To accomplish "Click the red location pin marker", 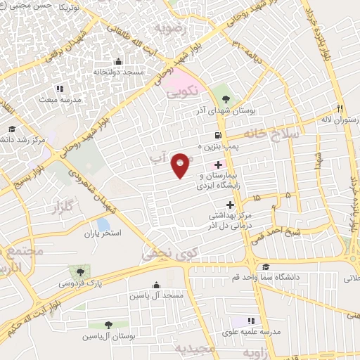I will [181, 165].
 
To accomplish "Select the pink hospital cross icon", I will [218, 164].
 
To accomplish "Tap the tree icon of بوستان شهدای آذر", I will [225, 89].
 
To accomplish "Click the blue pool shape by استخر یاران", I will [103, 224].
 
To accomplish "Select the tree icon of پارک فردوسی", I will [75, 271].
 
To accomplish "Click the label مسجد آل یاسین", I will [156, 296].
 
